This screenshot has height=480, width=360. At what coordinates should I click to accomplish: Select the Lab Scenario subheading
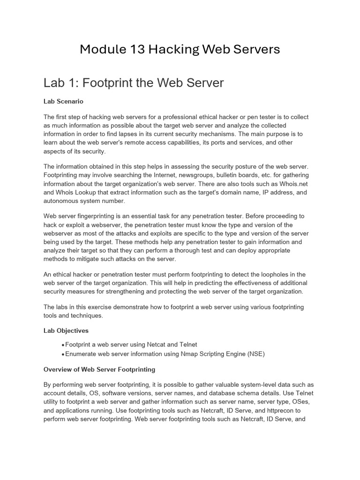pos(63,101)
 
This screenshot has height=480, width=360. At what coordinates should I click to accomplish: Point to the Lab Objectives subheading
pos(66,330)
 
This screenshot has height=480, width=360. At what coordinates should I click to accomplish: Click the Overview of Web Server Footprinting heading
pos(99,369)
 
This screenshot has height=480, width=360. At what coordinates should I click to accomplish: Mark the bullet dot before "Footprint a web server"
pos(63,345)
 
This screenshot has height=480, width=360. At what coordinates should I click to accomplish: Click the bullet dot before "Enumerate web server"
pos(63,354)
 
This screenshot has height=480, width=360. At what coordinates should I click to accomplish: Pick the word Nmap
pos(190,354)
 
